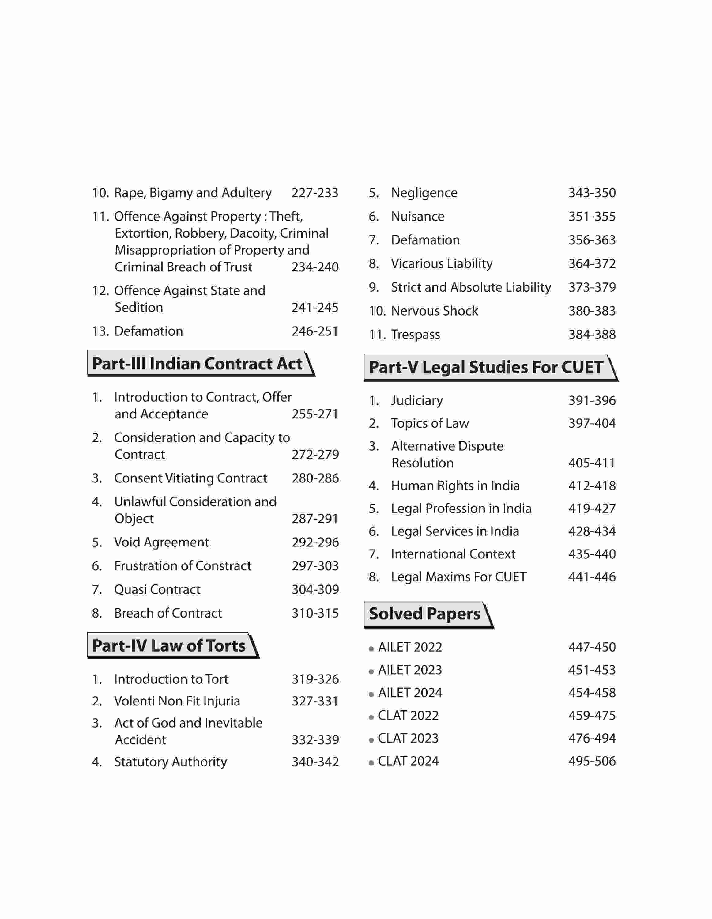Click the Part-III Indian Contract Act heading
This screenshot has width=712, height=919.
[197, 364]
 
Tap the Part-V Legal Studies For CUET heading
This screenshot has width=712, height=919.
[486, 367]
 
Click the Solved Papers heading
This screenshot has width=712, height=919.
[425, 614]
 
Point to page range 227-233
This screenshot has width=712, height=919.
[315, 193]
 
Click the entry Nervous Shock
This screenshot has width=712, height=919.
[435, 311]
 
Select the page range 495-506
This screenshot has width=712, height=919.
[592, 761]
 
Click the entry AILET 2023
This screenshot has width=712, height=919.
[410, 670]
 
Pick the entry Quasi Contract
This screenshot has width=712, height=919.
[157, 589]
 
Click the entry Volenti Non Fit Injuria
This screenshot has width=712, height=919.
[177, 701]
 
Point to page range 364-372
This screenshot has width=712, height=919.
[592, 264]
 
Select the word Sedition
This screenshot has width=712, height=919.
[139, 308]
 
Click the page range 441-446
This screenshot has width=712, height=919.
[592, 577]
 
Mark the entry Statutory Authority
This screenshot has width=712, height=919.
[171, 762]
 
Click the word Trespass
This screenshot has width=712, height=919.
[416, 335]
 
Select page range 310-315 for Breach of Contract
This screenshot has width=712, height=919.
[315, 613]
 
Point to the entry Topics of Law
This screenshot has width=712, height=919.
[430, 423]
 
